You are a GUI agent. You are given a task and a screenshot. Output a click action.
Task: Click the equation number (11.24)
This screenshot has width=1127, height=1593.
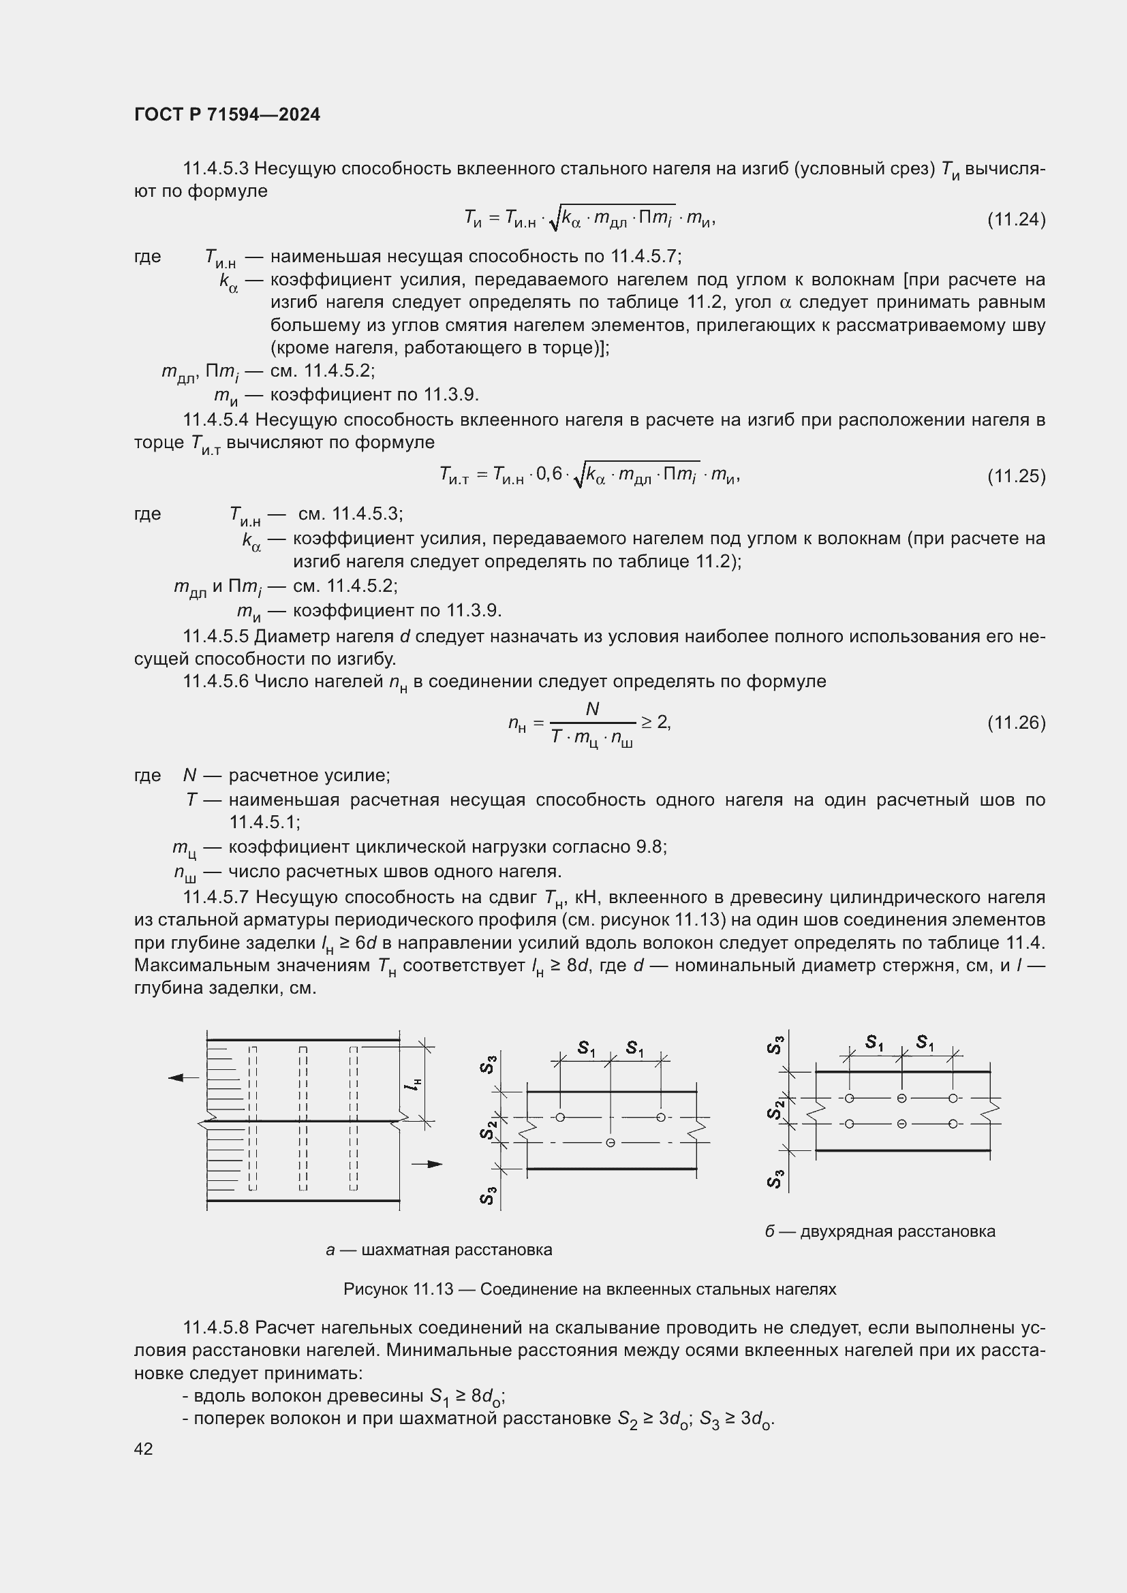tap(1016, 220)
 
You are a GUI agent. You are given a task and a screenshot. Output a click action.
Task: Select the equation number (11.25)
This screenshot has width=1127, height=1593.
tap(1016, 477)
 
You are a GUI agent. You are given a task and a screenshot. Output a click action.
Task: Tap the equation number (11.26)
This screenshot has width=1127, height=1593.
tap(1016, 723)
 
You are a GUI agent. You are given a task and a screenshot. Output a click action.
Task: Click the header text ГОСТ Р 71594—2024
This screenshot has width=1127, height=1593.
tap(227, 115)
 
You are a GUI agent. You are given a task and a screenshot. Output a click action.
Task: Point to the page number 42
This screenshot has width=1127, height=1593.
tap(144, 1449)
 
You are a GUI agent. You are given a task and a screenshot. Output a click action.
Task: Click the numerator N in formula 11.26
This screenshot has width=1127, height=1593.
tap(592, 709)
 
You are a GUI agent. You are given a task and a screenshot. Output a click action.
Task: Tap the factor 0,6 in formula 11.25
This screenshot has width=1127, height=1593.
tap(549, 475)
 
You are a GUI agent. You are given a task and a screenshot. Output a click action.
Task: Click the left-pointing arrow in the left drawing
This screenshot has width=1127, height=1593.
tap(183, 1077)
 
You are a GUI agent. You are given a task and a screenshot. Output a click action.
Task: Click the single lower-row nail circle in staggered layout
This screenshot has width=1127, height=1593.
tap(610, 1143)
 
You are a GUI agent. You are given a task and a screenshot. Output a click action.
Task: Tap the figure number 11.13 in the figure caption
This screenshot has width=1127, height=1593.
tap(433, 1289)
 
